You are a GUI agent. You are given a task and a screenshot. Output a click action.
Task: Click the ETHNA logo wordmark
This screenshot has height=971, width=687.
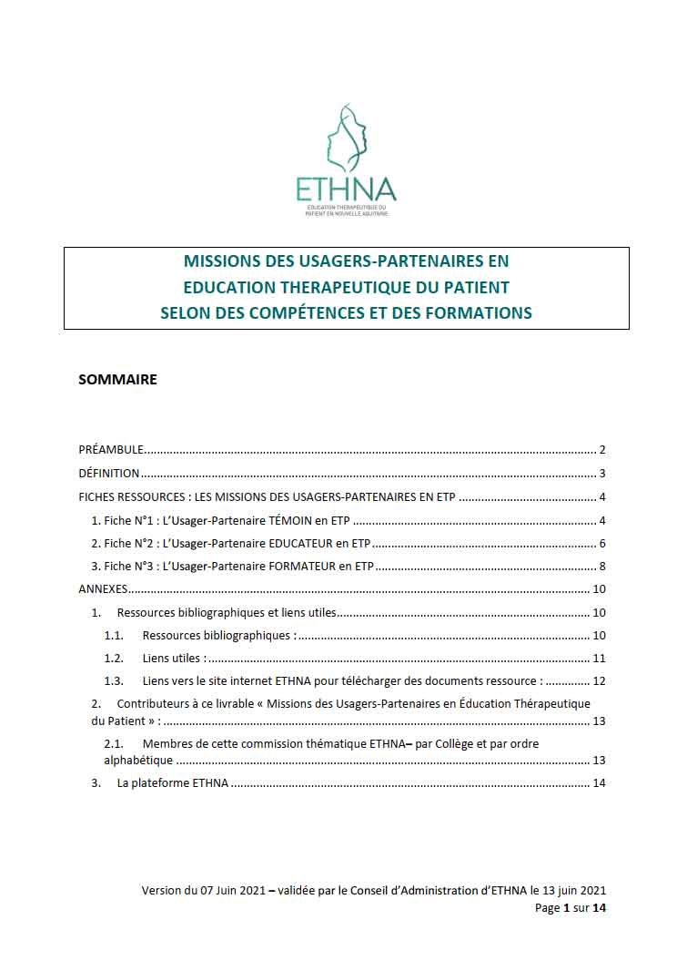click(x=346, y=189)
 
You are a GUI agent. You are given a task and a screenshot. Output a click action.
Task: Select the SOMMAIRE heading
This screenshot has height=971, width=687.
click(x=117, y=380)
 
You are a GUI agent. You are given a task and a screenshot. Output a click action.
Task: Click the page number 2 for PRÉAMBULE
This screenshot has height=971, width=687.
click(x=602, y=450)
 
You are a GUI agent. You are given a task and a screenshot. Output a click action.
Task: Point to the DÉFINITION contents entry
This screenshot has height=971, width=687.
click(x=109, y=474)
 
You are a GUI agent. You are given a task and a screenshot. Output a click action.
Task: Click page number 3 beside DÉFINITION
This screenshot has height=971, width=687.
click(x=602, y=474)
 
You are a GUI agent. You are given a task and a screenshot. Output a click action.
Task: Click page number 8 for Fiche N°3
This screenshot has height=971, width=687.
click(x=602, y=567)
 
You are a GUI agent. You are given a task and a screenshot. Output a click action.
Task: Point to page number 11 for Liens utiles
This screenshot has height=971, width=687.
click(x=599, y=658)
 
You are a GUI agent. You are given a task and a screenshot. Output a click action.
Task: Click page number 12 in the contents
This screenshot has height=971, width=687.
click(x=599, y=681)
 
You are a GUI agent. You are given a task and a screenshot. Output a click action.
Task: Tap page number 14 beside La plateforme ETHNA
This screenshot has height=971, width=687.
click(x=599, y=783)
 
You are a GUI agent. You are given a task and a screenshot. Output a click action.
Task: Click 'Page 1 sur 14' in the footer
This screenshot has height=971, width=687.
click(x=570, y=909)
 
